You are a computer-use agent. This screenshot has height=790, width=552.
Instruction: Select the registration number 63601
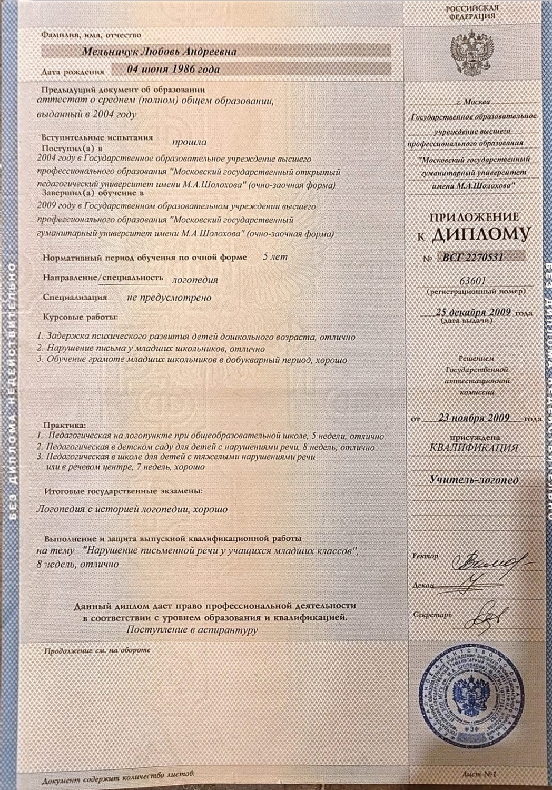click(472, 280)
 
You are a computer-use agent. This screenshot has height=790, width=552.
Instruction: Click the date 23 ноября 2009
click(473, 418)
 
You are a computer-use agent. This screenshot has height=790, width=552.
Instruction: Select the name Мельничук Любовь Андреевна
click(158, 52)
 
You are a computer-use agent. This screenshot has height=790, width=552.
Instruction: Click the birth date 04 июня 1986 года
click(173, 69)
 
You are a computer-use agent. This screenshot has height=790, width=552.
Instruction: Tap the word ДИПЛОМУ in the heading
click(479, 235)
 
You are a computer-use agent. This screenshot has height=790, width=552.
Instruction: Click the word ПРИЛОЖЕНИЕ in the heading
click(474, 217)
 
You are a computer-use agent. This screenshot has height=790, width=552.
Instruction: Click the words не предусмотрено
click(169, 298)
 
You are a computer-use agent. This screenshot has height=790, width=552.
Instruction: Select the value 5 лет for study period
click(275, 257)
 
